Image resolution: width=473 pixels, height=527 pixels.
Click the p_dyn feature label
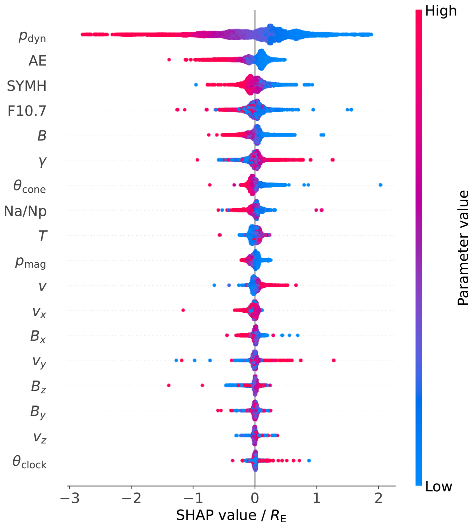[x=32, y=37]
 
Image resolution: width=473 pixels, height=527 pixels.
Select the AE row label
[x=37, y=61]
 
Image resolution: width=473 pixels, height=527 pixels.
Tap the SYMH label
[x=27, y=86]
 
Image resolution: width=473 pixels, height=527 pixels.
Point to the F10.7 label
[x=27, y=111]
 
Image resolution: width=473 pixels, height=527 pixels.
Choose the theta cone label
[x=30, y=186]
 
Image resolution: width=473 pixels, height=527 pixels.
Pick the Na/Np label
[x=25, y=211]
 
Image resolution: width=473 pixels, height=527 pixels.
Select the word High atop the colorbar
[x=441, y=11]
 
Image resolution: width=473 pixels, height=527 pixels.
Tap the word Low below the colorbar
[x=439, y=486]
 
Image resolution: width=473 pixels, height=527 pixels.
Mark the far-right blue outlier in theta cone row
[x=380, y=185]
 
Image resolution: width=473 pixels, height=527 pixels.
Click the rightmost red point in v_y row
[x=334, y=360]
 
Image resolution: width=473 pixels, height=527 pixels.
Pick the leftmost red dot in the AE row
[x=169, y=60]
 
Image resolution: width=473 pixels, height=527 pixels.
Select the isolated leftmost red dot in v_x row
[x=183, y=310]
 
